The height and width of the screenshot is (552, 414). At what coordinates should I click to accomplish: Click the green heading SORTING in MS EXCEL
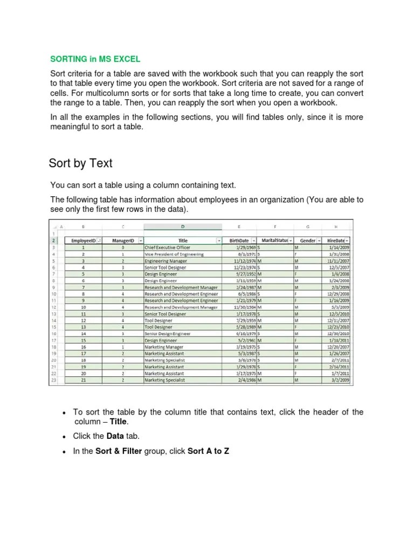point(95,58)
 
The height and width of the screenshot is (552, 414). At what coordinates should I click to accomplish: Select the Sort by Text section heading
point(80,163)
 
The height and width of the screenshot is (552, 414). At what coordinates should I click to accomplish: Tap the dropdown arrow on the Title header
point(219,240)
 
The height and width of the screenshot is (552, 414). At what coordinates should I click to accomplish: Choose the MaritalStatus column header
point(274,240)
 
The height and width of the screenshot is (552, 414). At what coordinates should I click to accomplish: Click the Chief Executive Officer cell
point(168,247)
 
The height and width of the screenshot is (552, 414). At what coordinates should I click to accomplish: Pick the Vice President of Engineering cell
point(174,253)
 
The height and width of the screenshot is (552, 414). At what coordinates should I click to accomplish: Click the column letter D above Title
point(182,226)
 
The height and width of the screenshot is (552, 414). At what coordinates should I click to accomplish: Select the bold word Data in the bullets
point(115,436)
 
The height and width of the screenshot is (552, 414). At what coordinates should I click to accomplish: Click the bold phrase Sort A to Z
point(208,451)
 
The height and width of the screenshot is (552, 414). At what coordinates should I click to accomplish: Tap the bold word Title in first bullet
point(119,422)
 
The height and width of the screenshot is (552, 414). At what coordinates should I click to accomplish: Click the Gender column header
point(307,240)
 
